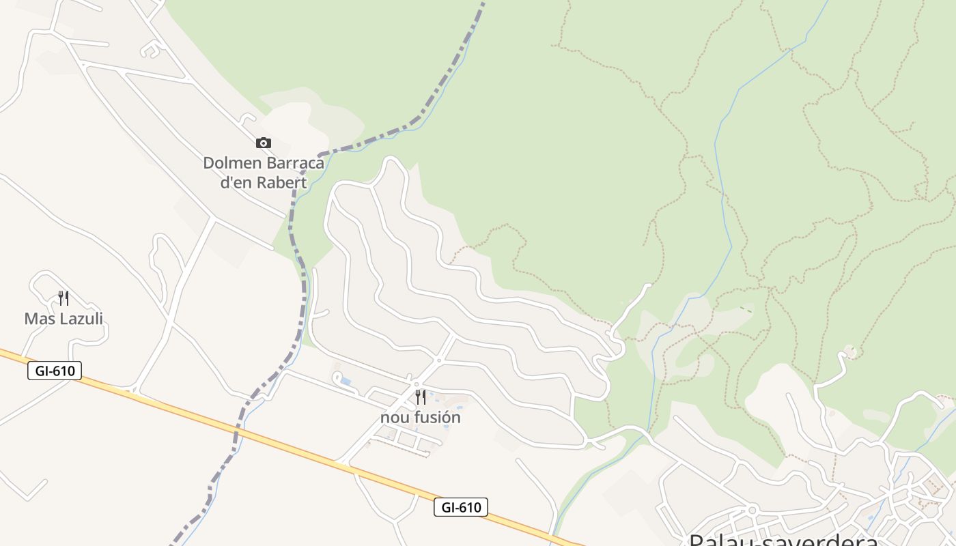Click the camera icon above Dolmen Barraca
coord(264,143)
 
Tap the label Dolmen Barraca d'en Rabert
coord(264,173)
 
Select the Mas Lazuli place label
coord(64,319)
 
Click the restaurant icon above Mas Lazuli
coord(64,298)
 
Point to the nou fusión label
coord(421,417)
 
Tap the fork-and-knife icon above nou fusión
coord(421,397)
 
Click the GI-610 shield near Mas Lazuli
coord(55,371)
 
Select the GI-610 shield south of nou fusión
coord(461,507)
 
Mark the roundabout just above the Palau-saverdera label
coord(752,509)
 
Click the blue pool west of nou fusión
coord(346,381)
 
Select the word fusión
coord(435,417)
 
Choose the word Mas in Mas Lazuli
coord(38,319)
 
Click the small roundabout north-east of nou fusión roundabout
coord(438,360)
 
